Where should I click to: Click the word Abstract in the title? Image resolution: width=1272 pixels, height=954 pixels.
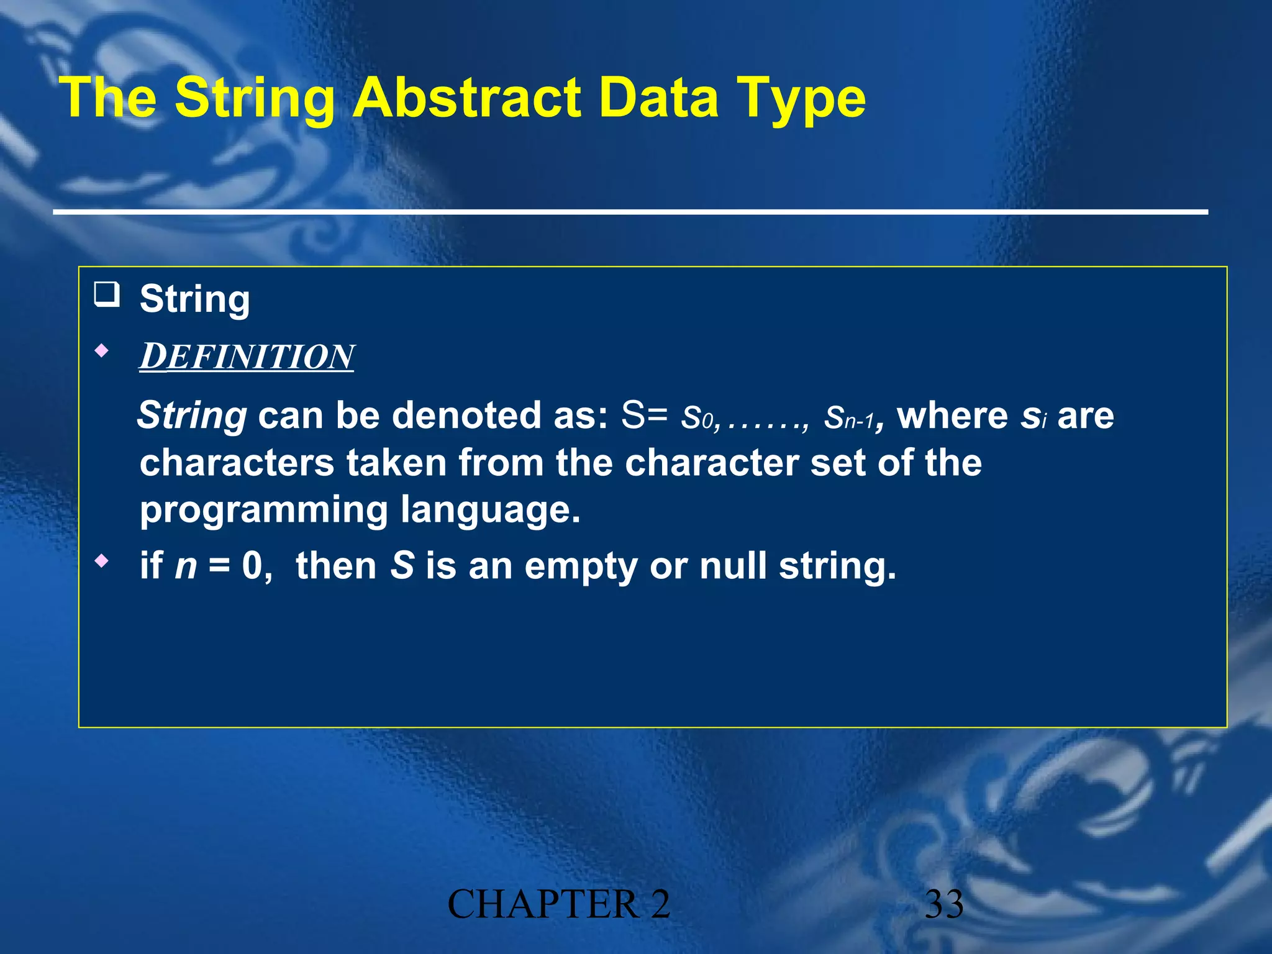[x=468, y=98]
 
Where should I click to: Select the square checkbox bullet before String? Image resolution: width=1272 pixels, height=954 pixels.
[x=107, y=294]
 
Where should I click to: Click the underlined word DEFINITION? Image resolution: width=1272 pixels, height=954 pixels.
[x=247, y=357]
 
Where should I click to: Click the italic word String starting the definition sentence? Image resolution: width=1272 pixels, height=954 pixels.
[x=193, y=416]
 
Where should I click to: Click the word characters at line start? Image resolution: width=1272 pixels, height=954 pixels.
[x=237, y=463]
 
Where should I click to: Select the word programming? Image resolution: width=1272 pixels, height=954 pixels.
[x=263, y=511]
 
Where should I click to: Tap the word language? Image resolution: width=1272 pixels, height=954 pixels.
[x=490, y=511]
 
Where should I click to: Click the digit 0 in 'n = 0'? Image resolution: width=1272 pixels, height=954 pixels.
[x=253, y=566]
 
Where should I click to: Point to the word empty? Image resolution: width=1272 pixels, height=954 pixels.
[x=581, y=567]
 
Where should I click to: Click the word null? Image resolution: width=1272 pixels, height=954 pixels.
[x=733, y=566]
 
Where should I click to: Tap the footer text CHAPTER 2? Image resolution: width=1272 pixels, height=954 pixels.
[x=558, y=904]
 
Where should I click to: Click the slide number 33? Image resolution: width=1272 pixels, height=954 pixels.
[x=944, y=904]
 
